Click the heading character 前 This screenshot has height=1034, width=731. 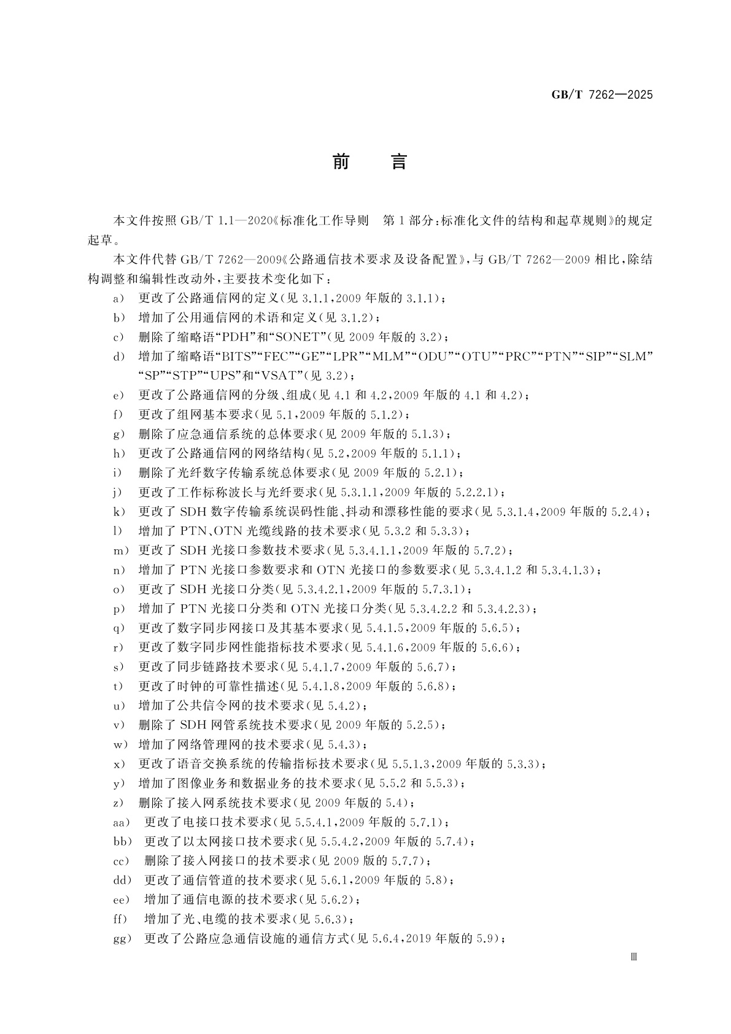click(x=341, y=162)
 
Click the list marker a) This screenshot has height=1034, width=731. click(x=119, y=298)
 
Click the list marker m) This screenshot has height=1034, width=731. click(x=121, y=550)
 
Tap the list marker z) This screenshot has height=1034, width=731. click(x=119, y=803)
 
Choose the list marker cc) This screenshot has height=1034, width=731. click(x=122, y=861)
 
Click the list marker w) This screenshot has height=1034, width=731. click(x=120, y=744)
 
